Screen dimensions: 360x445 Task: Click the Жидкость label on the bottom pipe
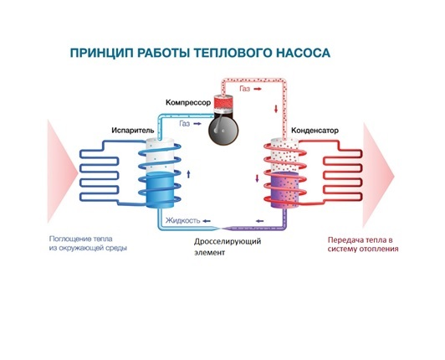click(182, 221)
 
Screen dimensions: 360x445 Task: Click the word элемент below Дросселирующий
click(200, 254)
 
